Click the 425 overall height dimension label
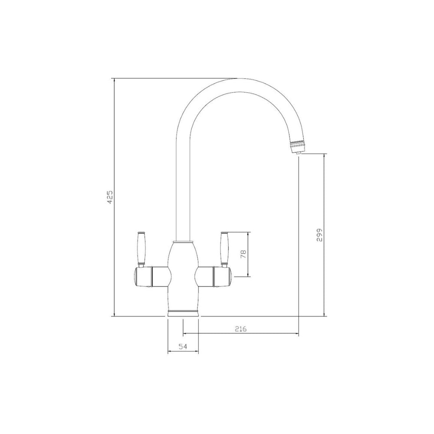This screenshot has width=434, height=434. point(110,197)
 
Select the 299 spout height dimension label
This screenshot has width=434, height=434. point(320,235)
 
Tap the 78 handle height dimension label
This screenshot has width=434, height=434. point(243,254)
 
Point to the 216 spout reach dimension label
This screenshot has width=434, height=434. point(240,329)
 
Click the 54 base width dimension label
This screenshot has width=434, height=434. point(183,346)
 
